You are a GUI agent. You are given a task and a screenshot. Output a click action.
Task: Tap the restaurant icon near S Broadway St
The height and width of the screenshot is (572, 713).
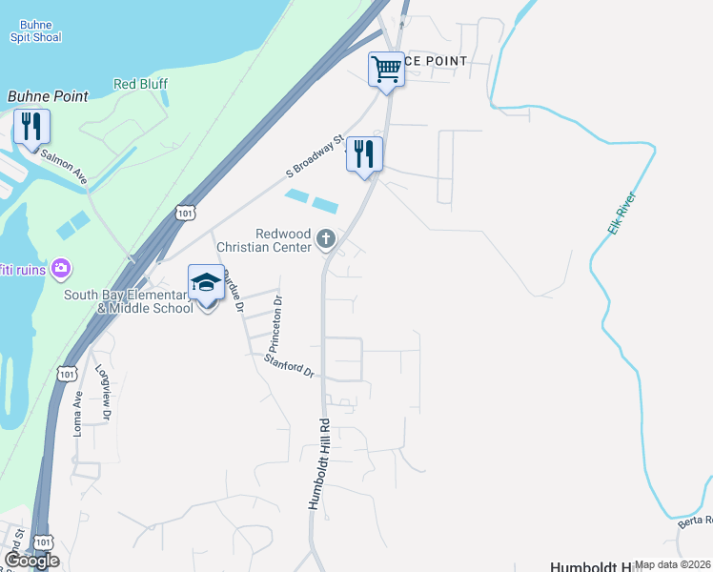pyautogui.click(x=363, y=153)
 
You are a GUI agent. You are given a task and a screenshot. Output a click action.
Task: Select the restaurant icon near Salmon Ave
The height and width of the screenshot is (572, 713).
pyautogui.click(x=31, y=127)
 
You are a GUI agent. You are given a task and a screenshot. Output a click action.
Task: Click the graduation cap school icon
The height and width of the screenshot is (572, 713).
pyautogui.click(x=206, y=283)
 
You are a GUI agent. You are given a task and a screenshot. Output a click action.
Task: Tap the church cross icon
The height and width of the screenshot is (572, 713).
pyautogui.click(x=327, y=238)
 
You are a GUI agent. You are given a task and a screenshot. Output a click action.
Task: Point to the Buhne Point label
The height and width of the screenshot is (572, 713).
pyautogui.click(x=48, y=96)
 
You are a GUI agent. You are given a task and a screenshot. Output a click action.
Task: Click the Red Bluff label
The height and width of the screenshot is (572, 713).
pyautogui.click(x=140, y=84)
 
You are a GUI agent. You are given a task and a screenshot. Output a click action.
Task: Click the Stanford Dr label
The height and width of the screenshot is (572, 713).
pyautogui.click(x=289, y=365)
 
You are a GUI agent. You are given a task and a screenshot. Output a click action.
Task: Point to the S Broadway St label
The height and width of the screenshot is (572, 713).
pyautogui.click(x=315, y=157)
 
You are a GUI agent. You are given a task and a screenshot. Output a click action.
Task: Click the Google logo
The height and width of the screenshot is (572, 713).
pyautogui.click(x=31, y=561)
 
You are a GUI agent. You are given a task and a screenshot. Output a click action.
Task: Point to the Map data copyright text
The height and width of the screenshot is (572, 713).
pyautogui.click(x=673, y=564)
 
